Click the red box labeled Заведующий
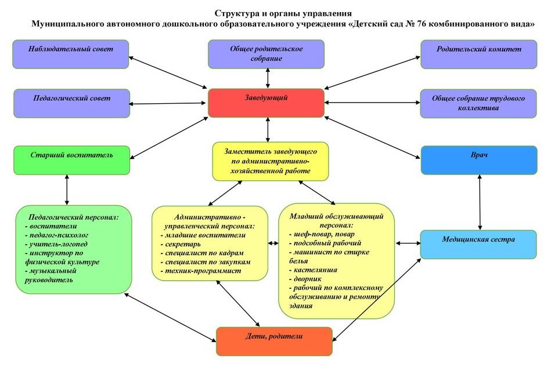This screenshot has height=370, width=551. (x=266, y=103)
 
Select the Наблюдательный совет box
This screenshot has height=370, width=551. (x=71, y=54)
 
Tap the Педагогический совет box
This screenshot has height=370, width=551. (x=71, y=103)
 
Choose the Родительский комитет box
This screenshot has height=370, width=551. (x=479, y=54)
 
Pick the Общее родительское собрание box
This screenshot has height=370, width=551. (x=266, y=54)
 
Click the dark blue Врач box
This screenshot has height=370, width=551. (x=479, y=160)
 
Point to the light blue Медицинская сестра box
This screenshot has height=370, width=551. (x=478, y=244)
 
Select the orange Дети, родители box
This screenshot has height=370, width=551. (x=274, y=341)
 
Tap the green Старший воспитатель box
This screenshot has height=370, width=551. (x=71, y=160)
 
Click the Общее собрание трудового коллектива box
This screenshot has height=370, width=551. (x=478, y=103)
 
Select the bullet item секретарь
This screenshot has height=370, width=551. (x=181, y=244)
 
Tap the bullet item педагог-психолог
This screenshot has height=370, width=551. (x=56, y=235)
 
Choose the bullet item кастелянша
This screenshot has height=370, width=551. (x=313, y=270)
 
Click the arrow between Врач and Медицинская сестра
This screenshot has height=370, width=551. (x=480, y=202)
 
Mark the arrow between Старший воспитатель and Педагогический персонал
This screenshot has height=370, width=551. (x=67, y=190)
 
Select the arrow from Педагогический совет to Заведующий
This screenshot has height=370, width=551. (x=168, y=104)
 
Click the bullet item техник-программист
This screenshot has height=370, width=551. (x=201, y=271)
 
